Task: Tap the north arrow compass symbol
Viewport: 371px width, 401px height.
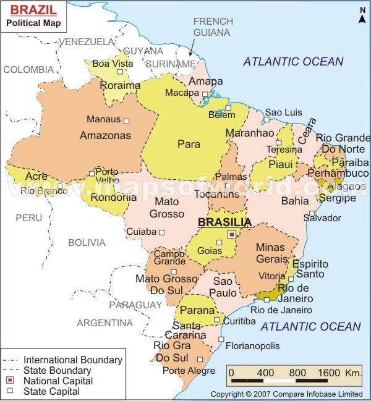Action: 361,14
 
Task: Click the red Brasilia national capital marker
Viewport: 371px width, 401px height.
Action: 231,234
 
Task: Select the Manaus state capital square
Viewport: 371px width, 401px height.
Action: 127,121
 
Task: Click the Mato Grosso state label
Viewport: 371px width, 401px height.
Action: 166,208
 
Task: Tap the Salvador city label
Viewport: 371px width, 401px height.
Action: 325,218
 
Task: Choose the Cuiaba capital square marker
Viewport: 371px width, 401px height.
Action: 161,232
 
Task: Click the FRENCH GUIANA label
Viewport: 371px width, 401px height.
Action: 213,27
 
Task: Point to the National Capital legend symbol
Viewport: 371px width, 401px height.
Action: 11,381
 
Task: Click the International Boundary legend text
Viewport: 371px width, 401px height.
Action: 72,360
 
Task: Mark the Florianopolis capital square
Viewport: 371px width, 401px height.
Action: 221,339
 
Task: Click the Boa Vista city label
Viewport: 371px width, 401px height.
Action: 113,64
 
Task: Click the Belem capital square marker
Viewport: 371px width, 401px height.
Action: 228,108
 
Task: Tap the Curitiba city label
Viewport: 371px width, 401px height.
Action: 239,321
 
